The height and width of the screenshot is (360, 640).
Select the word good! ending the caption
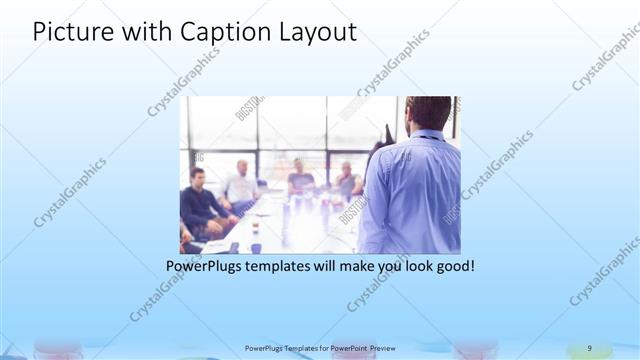pos(451,267)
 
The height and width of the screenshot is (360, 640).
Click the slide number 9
pos(589,347)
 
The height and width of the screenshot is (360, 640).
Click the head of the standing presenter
pos(428,113)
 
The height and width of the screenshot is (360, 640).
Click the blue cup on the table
pos(256,247)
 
